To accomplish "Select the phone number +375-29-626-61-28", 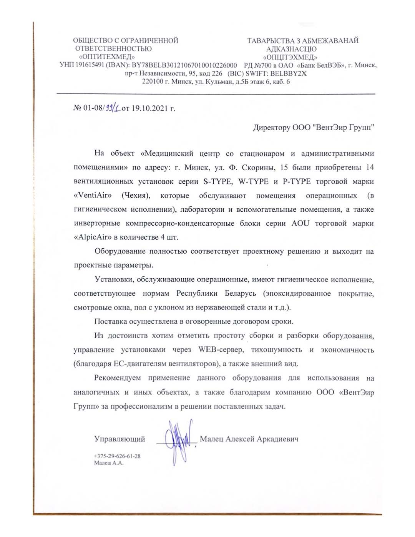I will (x=117, y=456).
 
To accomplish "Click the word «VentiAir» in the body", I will (x=93, y=195).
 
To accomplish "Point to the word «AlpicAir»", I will (x=92, y=237).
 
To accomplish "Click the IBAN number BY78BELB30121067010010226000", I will (x=184, y=65).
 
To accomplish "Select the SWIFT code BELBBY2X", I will (x=288, y=73).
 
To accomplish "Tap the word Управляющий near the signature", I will (x=120, y=439).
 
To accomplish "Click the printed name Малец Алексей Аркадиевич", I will (x=249, y=439).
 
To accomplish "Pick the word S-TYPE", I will (x=217, y=181).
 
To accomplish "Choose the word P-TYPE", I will (x=296, y=181).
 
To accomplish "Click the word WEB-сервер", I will (x=221, y=350).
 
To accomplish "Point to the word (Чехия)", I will (x=136, y=195).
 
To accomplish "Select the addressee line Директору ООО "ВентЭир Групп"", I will (x=313, y=128).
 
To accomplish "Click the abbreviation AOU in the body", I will (x=300, y=223).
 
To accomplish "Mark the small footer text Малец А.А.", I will (x=109, y=463).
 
